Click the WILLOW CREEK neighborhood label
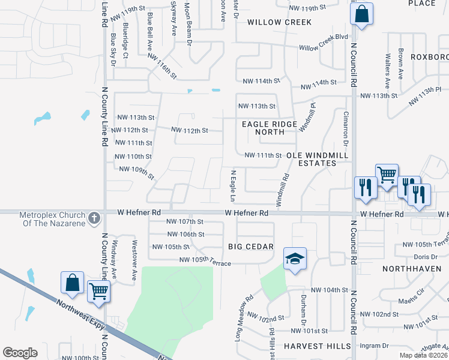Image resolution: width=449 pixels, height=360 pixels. pos(280,22)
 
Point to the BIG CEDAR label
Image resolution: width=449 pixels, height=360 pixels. pos(251,247)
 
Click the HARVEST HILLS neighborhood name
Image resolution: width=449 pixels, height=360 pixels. pos(317,346)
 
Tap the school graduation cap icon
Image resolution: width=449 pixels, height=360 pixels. pos(295,259)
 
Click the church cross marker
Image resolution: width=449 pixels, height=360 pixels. pos(94,218)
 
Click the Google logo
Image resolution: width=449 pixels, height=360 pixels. pos(20,353)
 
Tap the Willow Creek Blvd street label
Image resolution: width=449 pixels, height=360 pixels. pos(324,42)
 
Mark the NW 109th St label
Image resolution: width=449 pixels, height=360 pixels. pos(137,172)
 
